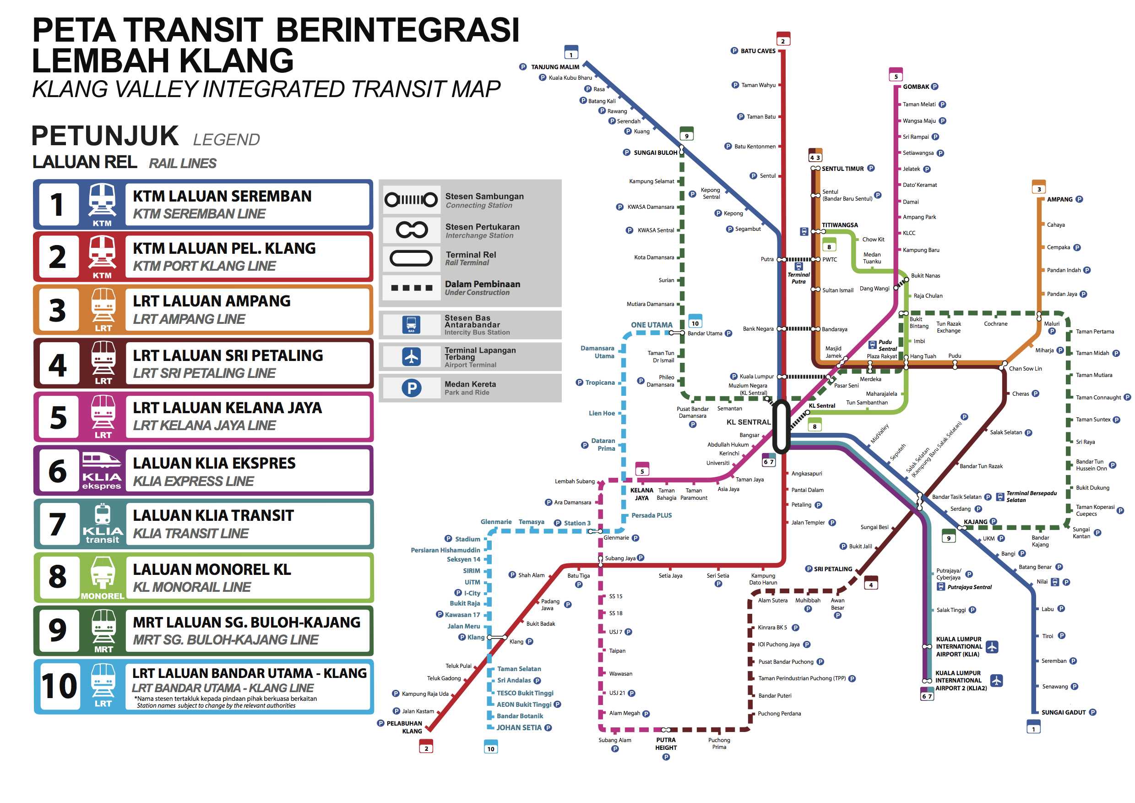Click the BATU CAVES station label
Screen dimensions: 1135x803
(758, 51)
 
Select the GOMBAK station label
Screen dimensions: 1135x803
(916, 87)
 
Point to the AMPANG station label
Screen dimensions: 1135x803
(1059, 199)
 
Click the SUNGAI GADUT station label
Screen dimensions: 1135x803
(1063, 712)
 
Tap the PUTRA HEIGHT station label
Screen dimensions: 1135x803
(665, 743)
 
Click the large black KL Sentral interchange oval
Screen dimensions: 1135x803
(781, 426)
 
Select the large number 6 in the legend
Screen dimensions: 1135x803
(58, 471)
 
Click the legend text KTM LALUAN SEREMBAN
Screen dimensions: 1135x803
(222, 197)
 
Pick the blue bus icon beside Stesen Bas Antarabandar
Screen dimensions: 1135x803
(411, 325)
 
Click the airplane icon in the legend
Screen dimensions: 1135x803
(411, 356)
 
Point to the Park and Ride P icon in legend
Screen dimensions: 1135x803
(411, 388)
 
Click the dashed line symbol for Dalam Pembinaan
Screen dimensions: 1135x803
(411, 288)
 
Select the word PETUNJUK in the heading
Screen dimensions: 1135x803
(105, 136)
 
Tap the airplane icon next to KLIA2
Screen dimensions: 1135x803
(996, 680)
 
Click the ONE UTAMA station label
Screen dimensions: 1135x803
(652, 325)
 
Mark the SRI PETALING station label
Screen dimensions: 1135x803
(833, 568)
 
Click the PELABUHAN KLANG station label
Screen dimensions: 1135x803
(404, 727)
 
